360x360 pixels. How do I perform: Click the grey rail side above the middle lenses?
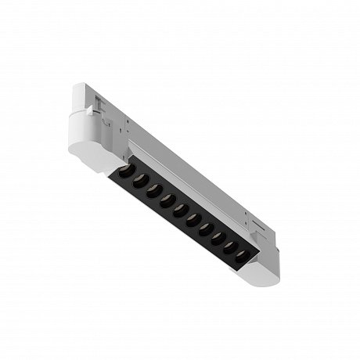[x=188, y=184]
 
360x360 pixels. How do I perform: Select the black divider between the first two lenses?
[x=129, y=175]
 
